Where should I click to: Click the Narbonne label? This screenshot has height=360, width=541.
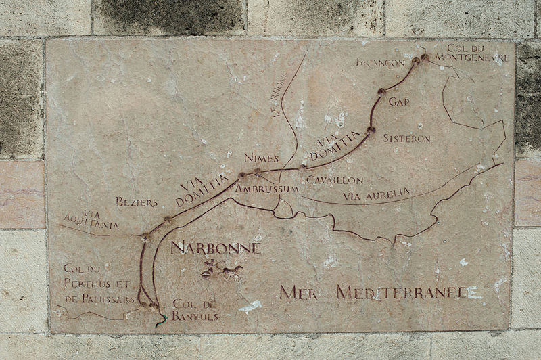(x=215, y=248)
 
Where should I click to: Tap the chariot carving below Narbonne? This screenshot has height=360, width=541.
(x=222, y=269)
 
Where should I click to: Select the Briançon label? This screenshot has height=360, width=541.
(x=380, y=63)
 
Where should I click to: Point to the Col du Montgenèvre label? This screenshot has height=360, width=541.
(x=477, y=53)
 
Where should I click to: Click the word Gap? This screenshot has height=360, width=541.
(x=400, y=102)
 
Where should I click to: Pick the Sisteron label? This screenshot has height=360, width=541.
(x=406, y=138)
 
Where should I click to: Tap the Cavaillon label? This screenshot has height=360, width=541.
(x=334, y=180)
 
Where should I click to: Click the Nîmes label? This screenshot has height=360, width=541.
(x=261, y=158)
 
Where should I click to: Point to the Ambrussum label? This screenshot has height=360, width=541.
(x=266, y=189)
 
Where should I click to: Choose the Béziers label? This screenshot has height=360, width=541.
(x=136, y=202)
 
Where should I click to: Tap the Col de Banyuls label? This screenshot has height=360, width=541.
(x=195, y=309)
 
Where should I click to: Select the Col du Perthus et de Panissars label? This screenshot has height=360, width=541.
(x=98, y=284)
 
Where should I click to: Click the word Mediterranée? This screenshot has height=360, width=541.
(x=402, y=292)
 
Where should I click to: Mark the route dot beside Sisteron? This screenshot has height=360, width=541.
(x=371, y=129)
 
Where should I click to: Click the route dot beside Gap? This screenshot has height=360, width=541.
(x=381, y=91)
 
